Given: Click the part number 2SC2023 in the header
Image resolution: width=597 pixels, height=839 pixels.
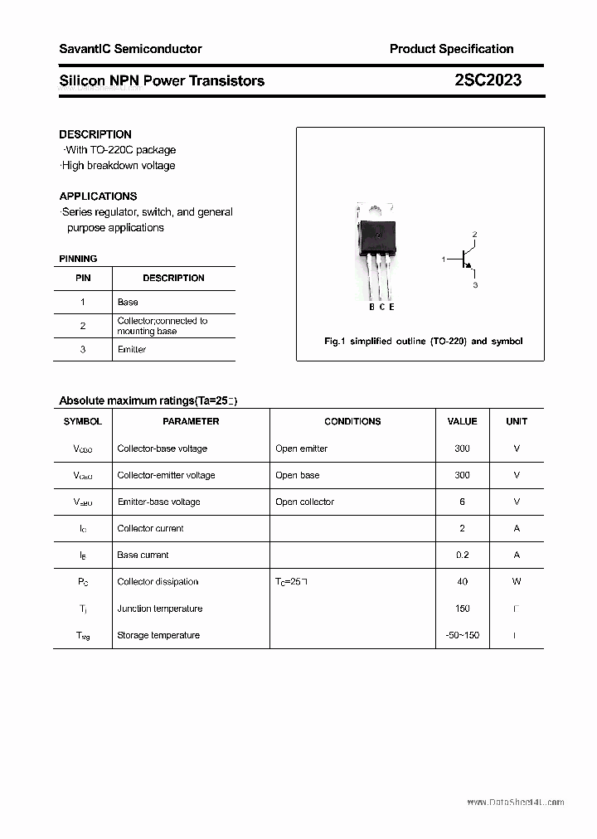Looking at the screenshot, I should [488, 80].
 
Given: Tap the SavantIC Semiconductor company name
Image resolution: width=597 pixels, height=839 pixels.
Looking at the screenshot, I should [130, 49].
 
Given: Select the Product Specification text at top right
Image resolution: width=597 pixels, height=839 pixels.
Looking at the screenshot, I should [451, 49].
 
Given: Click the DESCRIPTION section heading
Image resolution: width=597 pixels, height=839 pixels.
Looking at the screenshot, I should [95, 134].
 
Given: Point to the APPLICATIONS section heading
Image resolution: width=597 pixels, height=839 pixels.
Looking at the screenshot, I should [98, 196].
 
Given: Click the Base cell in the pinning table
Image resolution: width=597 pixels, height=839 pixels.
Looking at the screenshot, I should [128, 303].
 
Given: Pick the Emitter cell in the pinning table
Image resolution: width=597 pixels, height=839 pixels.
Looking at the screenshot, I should [132, 350].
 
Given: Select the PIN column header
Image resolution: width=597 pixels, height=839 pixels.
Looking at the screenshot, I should [83, 279].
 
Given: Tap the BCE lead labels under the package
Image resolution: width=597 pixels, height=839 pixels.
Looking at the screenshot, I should [381, 308].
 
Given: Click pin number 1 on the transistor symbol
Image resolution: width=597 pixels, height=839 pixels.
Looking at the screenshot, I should [444, 259].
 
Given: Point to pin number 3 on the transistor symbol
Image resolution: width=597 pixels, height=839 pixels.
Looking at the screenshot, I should [475, 285].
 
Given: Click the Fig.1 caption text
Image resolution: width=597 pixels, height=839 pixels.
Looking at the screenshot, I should [423, 342].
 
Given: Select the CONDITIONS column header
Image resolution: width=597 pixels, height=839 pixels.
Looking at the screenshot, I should [352, 421].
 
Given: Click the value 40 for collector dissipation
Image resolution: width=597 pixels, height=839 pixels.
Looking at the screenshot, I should [462, 582].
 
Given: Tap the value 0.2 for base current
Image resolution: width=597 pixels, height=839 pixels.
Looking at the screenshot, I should [462, 555].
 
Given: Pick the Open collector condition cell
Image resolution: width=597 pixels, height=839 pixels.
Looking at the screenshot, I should [305, 502].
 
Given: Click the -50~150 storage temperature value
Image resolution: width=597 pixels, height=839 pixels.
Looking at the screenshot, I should [462, 635].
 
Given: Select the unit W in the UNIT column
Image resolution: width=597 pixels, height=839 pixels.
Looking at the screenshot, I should [517, 582].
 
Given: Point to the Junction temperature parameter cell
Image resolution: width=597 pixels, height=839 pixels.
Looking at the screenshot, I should [160, 609].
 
